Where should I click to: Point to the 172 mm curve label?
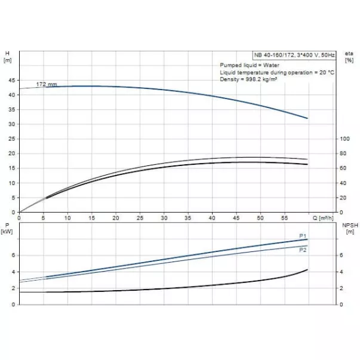(47, 84)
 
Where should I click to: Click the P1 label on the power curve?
(302, 236)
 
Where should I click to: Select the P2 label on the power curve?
(302, 250)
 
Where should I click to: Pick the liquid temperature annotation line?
(276, 72)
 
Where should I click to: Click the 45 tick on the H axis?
(13, 80)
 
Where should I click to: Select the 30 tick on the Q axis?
(164, 219)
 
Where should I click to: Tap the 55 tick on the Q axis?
(284, 219)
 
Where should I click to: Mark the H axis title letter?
(7, 53)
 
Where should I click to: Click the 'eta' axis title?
(349, 53)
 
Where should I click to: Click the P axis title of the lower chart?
(7, 225)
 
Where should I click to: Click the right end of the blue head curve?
(307, 118)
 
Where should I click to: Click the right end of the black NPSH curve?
(307, 270)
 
